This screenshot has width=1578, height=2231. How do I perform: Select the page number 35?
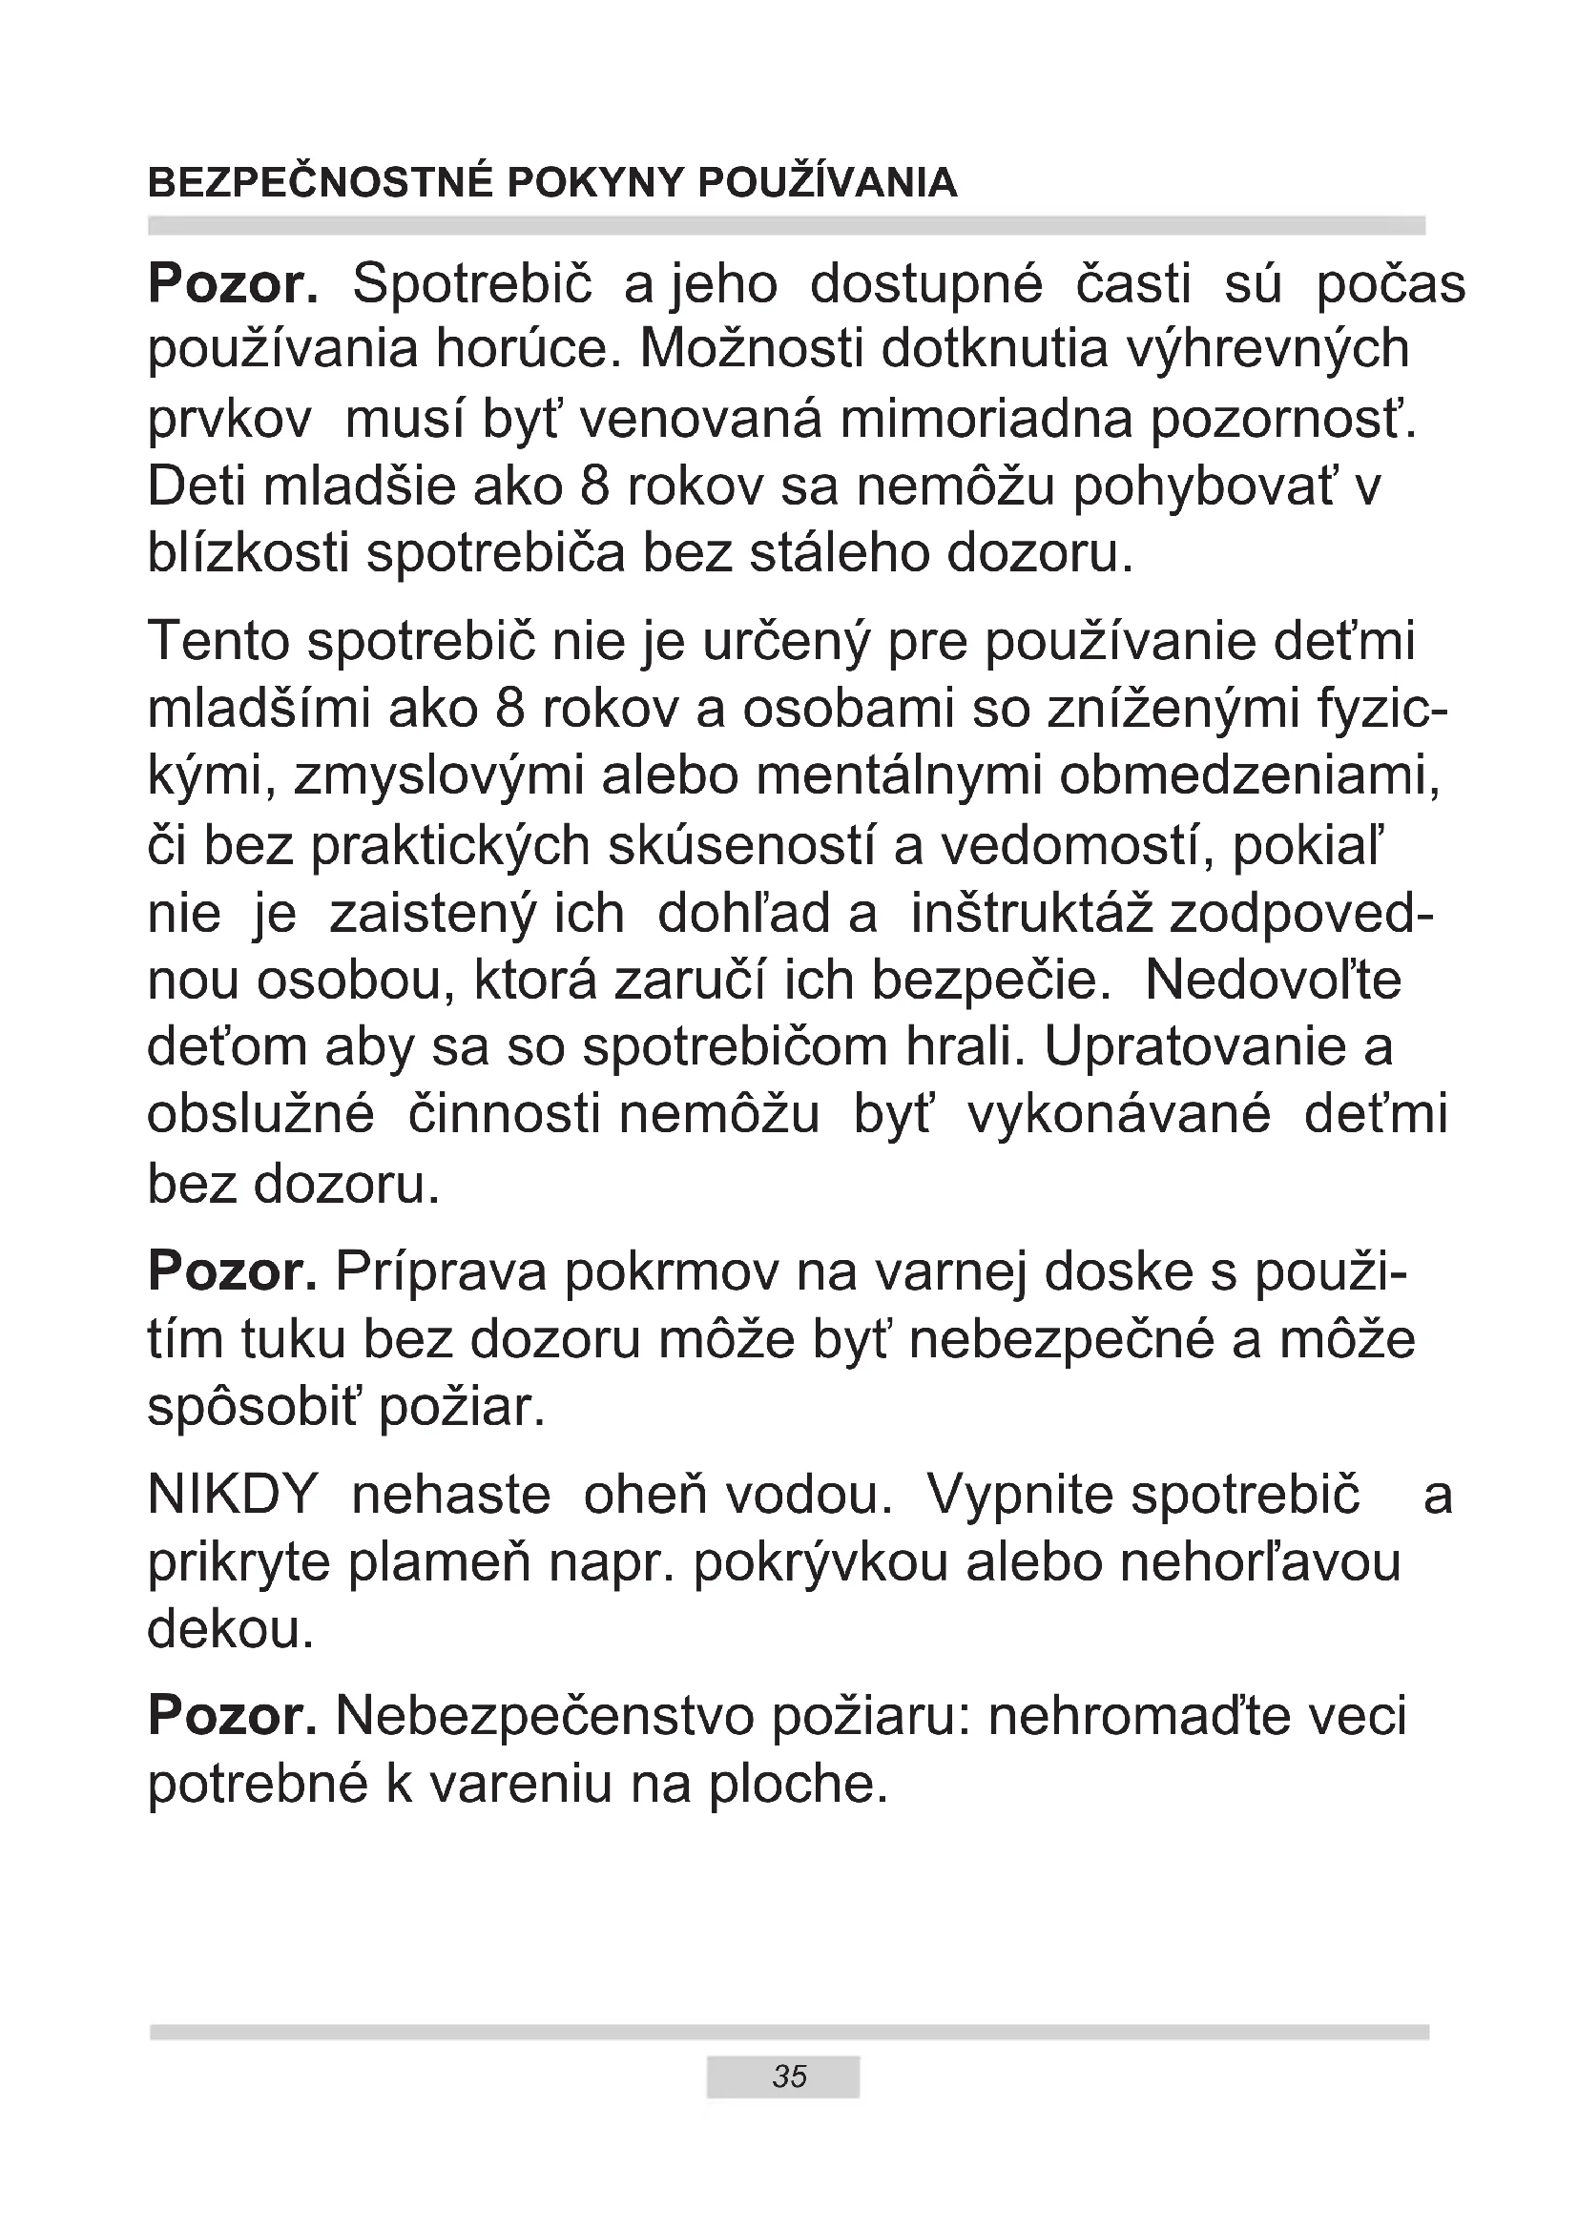(x=789, y=2076)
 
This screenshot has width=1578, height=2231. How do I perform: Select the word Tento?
(x=219, y=643)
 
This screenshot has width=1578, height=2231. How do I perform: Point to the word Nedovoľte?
(x=1273, y=981)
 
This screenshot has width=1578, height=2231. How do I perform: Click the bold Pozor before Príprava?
(x=232, y=1273)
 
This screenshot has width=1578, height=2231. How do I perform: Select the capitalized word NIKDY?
(x=233, y=1496)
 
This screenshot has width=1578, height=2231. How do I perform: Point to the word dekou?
(x=230, y=1630)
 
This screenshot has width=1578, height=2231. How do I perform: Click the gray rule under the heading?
(x=787, y=226)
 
